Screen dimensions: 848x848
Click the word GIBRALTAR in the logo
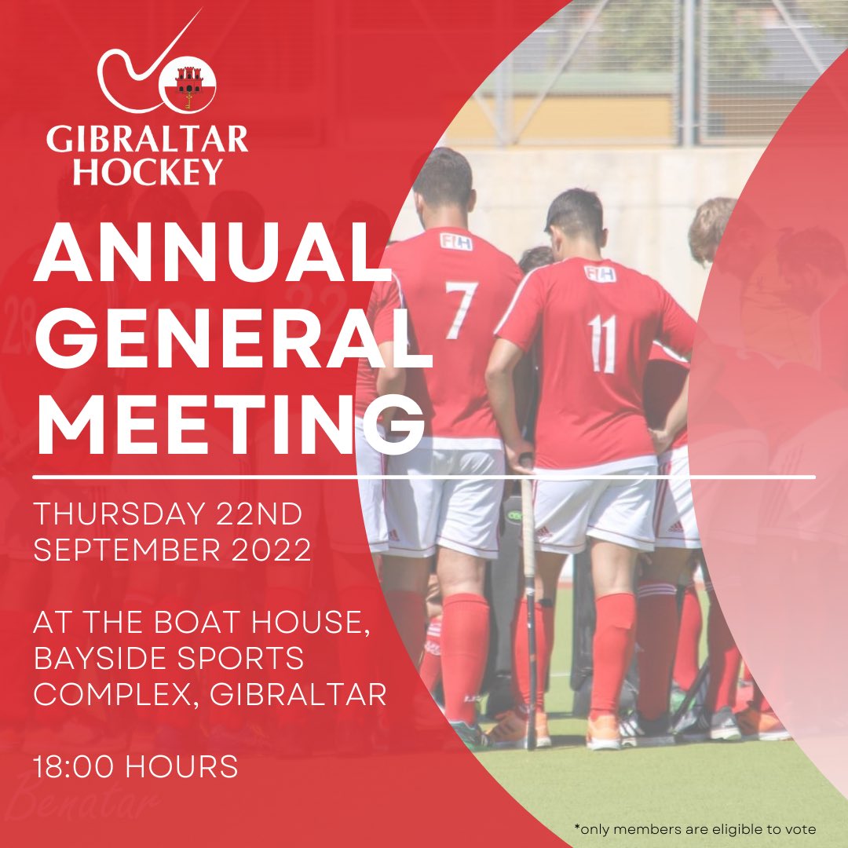(x=147, y=140)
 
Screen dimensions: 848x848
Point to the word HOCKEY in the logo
(x=147, y=170)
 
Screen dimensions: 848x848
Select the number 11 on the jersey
(x=602, y=343)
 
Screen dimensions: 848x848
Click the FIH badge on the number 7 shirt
(x=455, y=241)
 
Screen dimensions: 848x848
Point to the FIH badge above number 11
(x=599, y=272)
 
